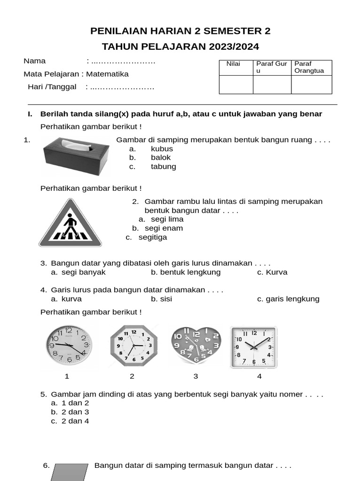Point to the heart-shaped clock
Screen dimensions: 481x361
click(196, 346)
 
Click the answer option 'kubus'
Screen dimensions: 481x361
click(162, 149)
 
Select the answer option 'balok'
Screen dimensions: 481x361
click(161, 158)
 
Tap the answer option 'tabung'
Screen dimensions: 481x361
click(163, 167)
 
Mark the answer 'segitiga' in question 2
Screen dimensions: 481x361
click(152, 237)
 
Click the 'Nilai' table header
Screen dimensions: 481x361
click(233, 64)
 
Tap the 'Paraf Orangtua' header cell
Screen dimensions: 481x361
click(310, 67)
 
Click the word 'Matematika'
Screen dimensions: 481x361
click(107, 74)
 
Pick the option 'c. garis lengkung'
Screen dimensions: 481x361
click(288, 299)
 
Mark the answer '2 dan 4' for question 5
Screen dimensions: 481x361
click(75, 421)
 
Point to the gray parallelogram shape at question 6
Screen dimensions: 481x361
click(70, 472)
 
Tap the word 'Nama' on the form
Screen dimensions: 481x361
click(35, 61)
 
